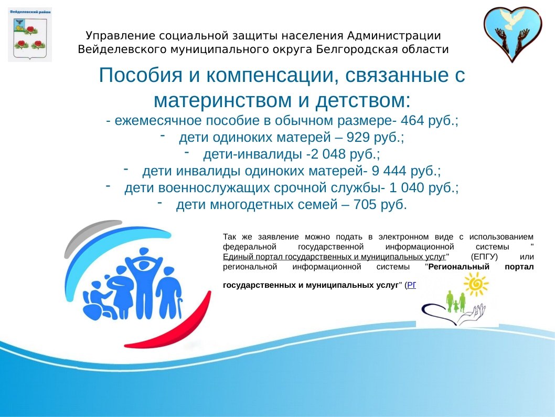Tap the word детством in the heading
pyautogui.click(x=357, y=100)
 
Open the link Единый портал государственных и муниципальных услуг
pyautogui.click(x=334, y=257)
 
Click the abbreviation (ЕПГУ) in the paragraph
pyautogui.click(x=484, y=257)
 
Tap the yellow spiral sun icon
pyautogui.click(x=476, y=285)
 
